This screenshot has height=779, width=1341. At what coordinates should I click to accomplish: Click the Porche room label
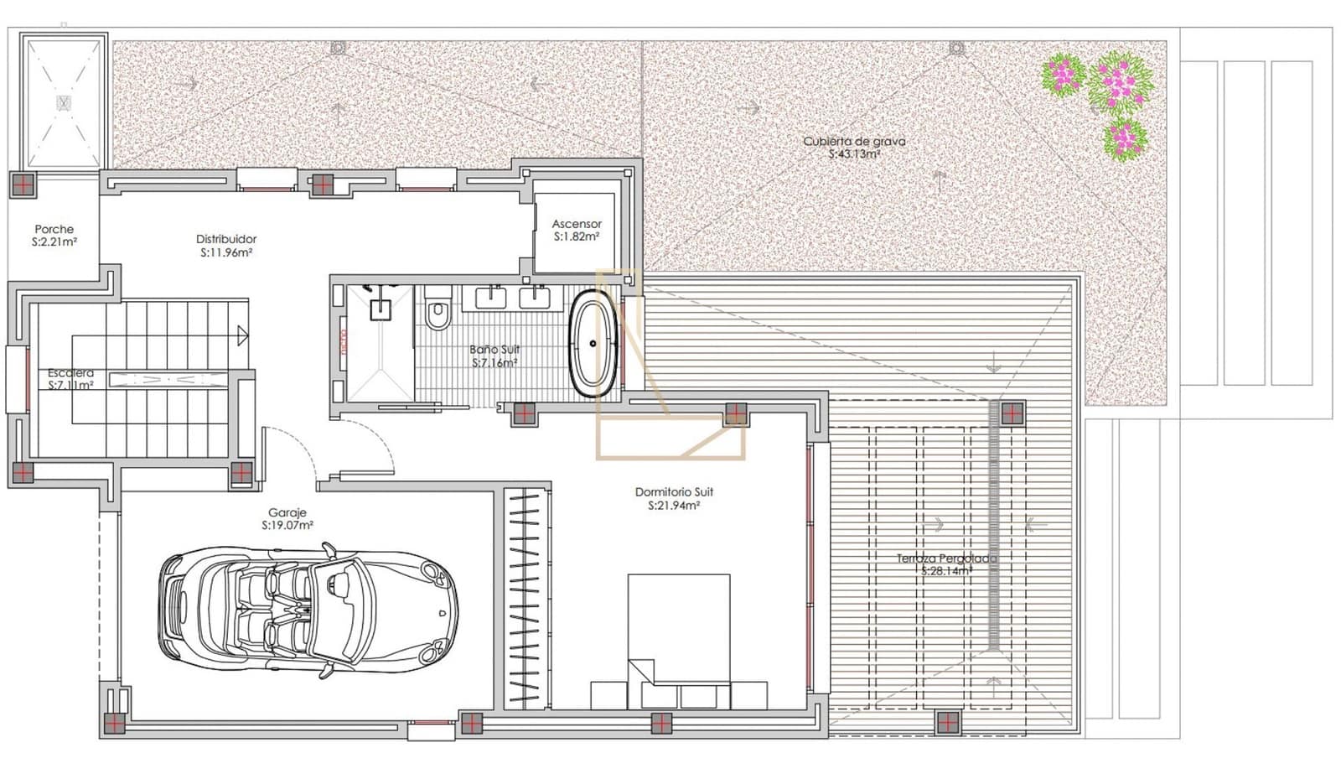pyautogui.click(x=54, y=235)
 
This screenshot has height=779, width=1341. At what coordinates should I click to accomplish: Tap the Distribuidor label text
pyautogui.click(x=226, y=245)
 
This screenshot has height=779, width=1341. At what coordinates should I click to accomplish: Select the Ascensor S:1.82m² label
pyautogui.click(x=577, y=230)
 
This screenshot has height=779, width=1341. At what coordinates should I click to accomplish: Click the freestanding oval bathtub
pyautogui.click(x=593, y=343)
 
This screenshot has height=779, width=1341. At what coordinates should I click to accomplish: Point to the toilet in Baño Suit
pyautogui.click(x=437, y=311)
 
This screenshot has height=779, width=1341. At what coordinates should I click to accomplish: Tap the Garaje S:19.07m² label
pyautogui.click(x=287, y=518)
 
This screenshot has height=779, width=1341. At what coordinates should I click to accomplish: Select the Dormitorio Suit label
pyautogui.click(x=674, y=498)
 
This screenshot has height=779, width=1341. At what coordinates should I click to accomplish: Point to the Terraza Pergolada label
pyautogui.click(x=947, y=563)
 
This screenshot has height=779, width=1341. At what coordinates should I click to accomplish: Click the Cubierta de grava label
pyautogui.click(x=854, y=147)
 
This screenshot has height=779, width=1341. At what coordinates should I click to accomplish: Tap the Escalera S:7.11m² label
pyautogui.click(x=70, y=379)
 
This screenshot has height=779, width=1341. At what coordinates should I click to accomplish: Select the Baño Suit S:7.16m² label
pyautogui.click(x=494, y=356)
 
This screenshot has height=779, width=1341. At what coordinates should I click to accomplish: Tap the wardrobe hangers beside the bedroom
pyautogui.click(x=526, y=597)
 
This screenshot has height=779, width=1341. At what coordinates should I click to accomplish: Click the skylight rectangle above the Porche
pyautogui.click(x=64, y=102)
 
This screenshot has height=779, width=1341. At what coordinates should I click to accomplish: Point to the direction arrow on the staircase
pyautogui.click(x=242, y=336)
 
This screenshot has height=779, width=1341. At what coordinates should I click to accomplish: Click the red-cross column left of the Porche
pyautogui.click(x=23, y=184)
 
